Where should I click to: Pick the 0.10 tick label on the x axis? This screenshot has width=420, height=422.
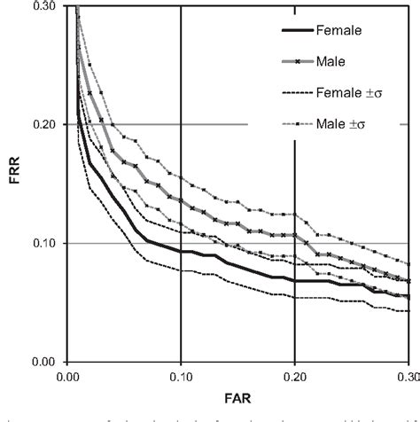[x=181, y=377]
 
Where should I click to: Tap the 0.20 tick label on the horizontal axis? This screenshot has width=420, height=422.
[x=294, y=377]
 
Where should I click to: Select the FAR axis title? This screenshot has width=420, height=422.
[x=238, y=400]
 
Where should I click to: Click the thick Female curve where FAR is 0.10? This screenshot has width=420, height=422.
[x=181, y=252]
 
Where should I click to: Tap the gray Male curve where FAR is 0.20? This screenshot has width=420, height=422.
[x=294, y=236]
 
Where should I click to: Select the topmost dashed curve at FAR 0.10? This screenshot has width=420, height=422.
[x=181, y=177]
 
